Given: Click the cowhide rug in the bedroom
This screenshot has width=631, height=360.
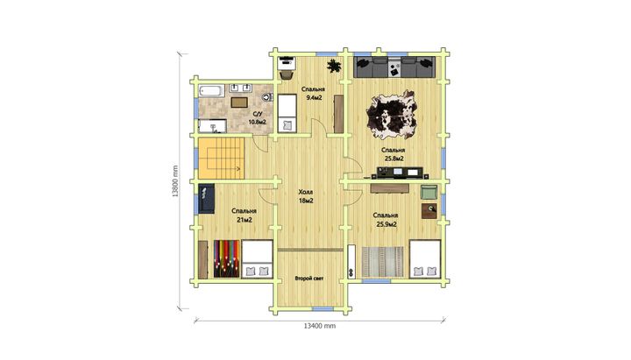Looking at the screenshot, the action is click(391, 115).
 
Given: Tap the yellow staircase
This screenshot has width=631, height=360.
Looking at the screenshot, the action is click(222, 159).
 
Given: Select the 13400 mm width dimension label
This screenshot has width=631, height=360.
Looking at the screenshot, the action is click(320, 326).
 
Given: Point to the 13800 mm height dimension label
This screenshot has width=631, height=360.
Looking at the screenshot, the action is click(175, 181).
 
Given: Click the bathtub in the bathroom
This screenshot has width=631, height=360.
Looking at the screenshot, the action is click(211, 90).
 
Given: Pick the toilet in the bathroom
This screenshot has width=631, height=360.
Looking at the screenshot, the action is click(267, 97).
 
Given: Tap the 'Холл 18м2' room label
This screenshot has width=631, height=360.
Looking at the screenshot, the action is click(306, 196).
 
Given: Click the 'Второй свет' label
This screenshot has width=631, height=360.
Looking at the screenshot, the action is click(309, 279).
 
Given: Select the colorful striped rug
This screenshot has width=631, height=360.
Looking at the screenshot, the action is click(227, 259).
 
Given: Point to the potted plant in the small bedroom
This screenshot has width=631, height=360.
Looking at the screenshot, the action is click(334, 66).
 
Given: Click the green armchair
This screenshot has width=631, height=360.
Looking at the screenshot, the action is click(429, 192).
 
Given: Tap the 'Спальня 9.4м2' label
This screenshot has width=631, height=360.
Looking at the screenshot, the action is click(313, 94).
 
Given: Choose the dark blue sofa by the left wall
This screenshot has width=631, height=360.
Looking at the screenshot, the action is click(207, 199).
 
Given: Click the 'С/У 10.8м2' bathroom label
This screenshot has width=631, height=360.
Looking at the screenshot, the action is click(257, 118).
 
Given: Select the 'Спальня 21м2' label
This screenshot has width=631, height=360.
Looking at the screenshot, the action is click(244, 215).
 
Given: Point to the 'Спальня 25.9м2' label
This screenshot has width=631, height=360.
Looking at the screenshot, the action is click(386, 220).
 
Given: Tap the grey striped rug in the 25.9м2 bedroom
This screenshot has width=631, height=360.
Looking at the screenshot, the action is click(382, 262).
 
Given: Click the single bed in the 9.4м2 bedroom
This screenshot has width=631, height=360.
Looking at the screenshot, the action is click(287, 113).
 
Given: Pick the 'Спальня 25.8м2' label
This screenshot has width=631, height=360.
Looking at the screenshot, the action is click(393, 154).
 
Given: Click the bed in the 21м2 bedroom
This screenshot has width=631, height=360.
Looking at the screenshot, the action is click(257, 259).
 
